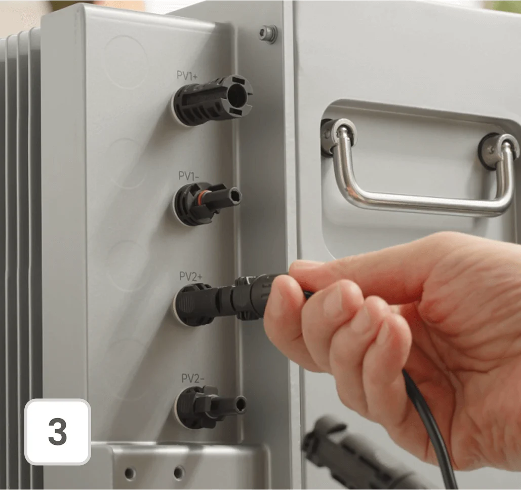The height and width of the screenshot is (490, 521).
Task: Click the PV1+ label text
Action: (187, 76)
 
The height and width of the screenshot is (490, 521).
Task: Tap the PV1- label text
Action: (188, 176)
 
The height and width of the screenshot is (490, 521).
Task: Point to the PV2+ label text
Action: (190, 276)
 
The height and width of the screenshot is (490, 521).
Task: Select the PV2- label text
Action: (193, 379)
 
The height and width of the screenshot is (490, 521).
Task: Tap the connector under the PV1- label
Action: (207, 203)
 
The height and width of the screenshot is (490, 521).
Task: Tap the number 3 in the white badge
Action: (58, 431)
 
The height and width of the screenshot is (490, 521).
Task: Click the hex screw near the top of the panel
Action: (268, 33)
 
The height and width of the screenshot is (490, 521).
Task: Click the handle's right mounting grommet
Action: (496, 152)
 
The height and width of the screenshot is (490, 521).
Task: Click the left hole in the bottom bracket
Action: (130, 473)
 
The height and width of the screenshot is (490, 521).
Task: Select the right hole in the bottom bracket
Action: (179, 472)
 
